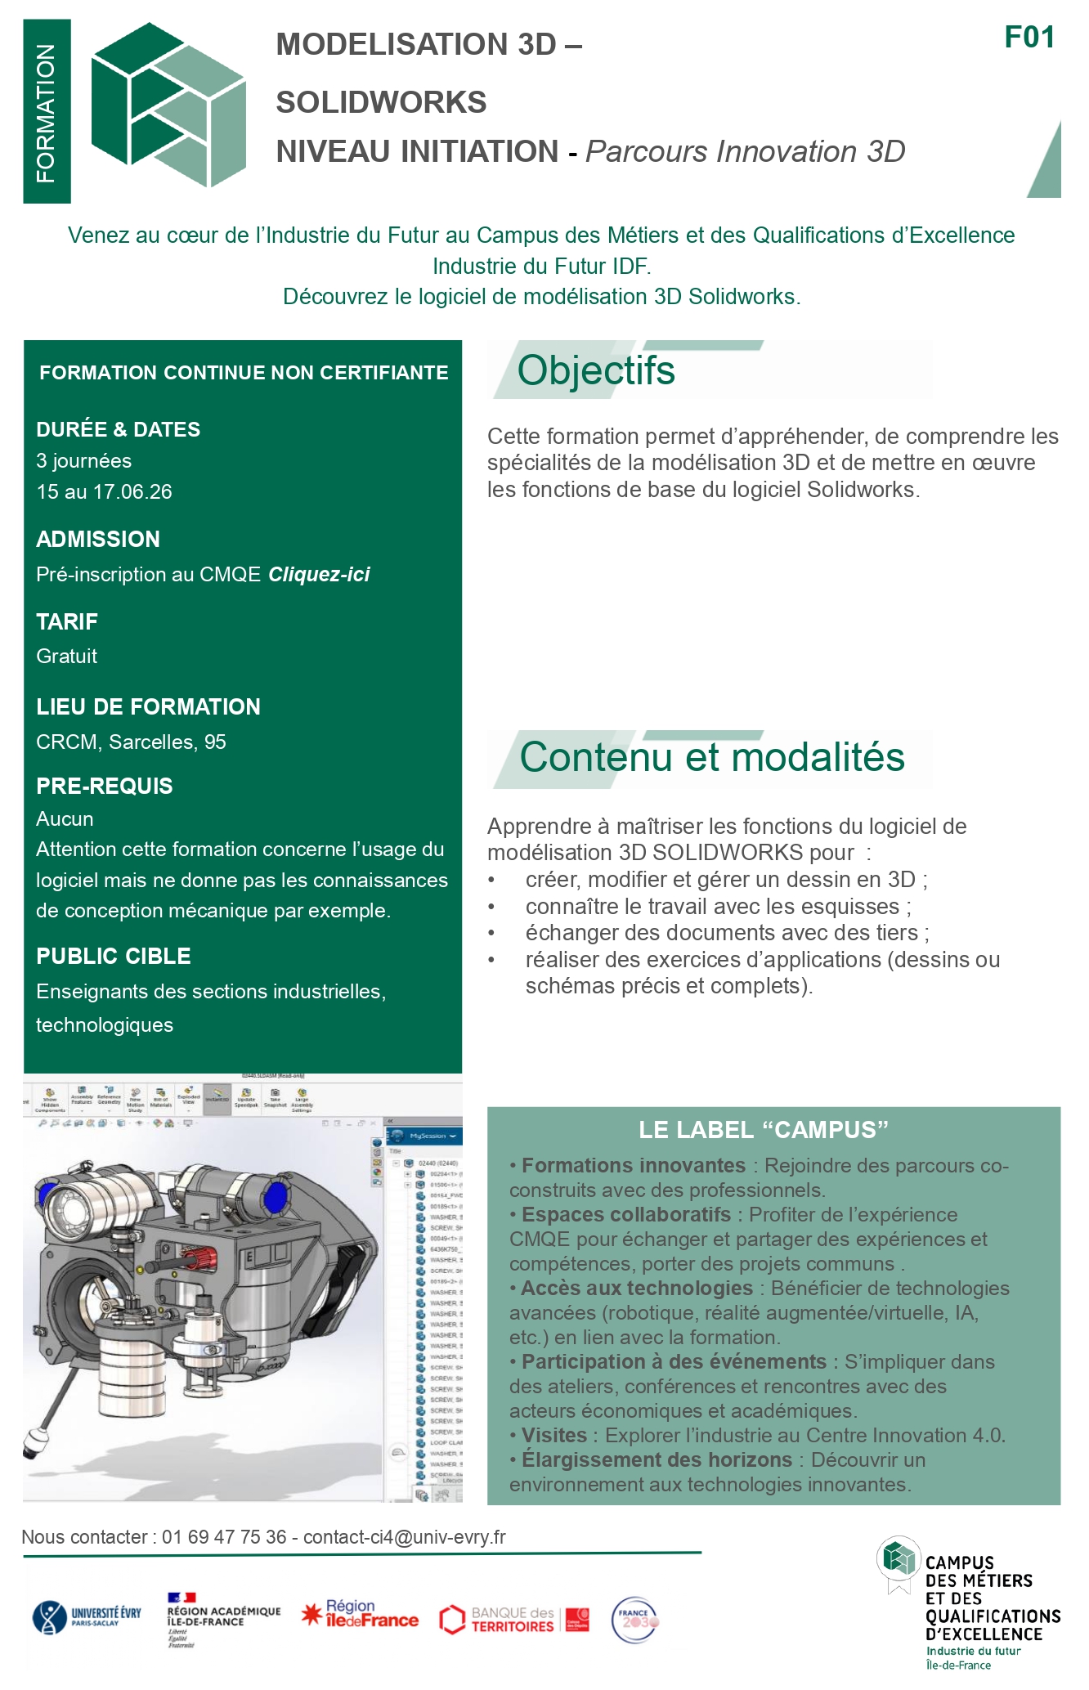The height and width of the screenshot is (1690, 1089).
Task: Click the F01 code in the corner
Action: click(x=1029, y=38)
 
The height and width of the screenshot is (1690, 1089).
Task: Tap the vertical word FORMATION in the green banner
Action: click(x=47, y=113)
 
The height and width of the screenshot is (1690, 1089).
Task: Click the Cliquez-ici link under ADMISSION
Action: click(x=319, y=575)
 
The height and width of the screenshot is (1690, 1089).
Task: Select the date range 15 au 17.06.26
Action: click(x=104, y=492)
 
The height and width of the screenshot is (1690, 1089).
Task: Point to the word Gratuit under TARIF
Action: click(x=66, y=657)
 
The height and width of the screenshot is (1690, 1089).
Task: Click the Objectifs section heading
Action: click(x=596, y=370)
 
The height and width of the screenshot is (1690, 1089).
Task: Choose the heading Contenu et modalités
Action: click(x=711, y=757)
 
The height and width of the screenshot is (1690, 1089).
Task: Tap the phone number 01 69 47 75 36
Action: click(x=224, y=1537)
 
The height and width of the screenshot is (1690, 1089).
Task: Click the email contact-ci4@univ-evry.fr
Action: click(x=404, y=1537)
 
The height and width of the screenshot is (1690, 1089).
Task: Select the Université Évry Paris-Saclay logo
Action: click(x=86, y=1617)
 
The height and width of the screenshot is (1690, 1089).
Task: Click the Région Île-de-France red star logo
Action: click(x=360, y=1614)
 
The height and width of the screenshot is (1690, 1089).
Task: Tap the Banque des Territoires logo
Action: click(x=513, y=1619)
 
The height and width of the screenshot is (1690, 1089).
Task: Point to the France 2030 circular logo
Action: click(x=635, y=1620)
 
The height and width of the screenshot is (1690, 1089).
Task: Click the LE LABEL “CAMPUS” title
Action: click(x=763, y=1130)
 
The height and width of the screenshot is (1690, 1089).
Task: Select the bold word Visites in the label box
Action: click(x=554, y=1435)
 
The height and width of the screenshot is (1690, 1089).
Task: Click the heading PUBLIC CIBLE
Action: click(x=114, y=957)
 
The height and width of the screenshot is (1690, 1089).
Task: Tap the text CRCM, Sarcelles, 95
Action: click(x=131, y=742)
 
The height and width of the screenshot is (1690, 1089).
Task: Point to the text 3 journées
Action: click(x=83, y=461)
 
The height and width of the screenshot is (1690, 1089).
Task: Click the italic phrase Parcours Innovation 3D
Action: click(x=745, y=152)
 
